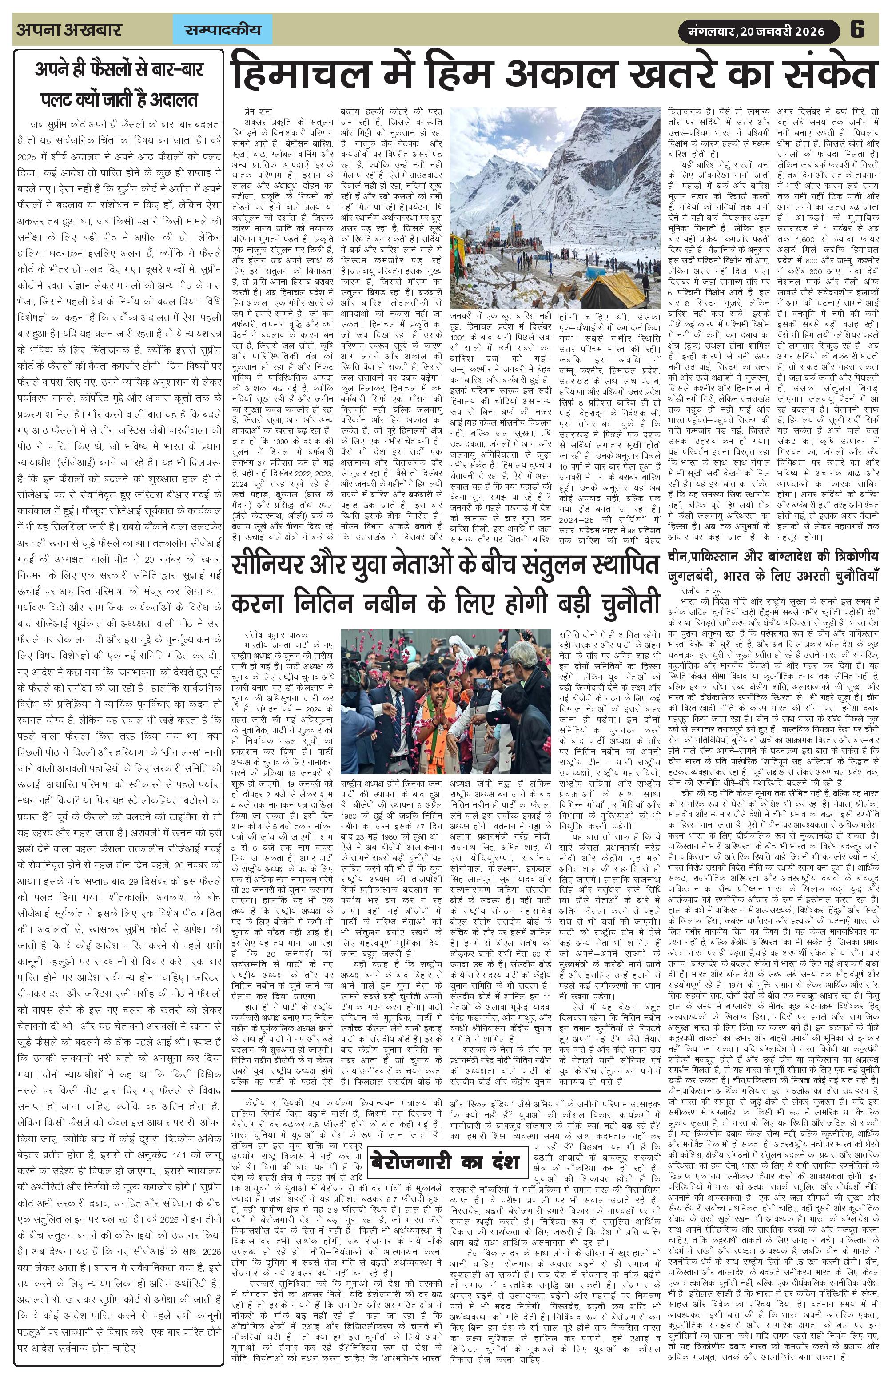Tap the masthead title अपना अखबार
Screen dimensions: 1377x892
click(69, 30)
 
